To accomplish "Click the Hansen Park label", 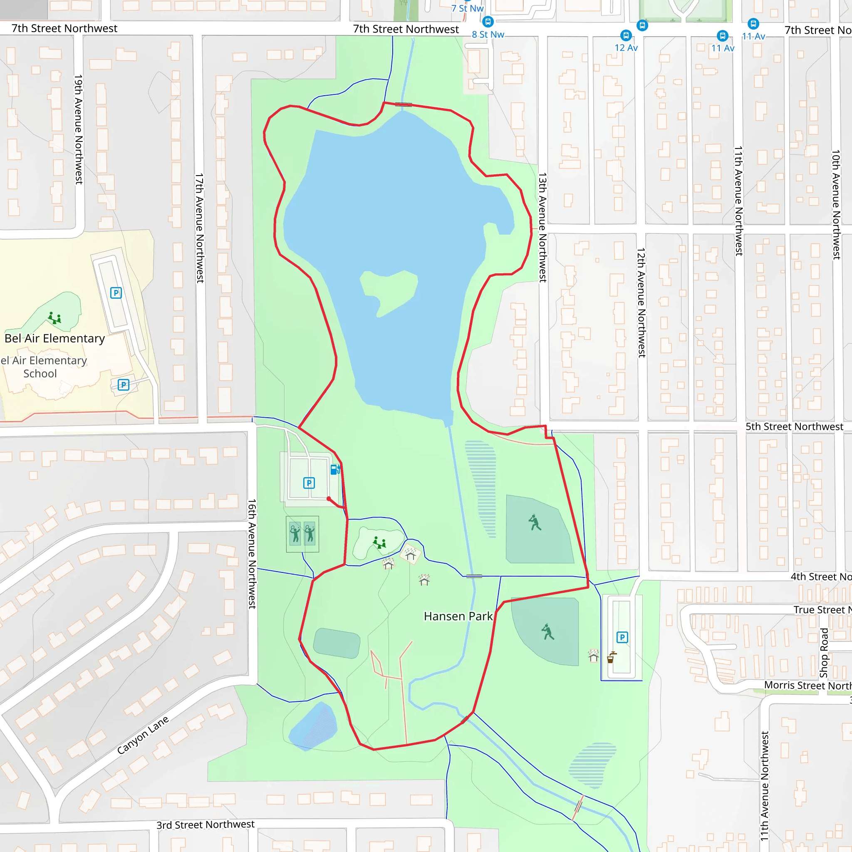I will (458, 616).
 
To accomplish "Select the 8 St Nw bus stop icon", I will (488, 21).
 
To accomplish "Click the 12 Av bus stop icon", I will (626, 35).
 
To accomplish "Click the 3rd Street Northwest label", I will (206, 825).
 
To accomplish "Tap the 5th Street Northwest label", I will (794, 426).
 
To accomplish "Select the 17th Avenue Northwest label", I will (200, 228).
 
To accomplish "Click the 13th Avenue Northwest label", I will (542, 228).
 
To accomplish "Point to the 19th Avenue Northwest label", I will (79, 129).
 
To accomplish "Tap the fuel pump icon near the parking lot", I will (335, 470).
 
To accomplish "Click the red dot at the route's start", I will (329, 499).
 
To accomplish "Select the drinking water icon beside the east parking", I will (611, 658).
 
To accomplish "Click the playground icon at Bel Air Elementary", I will (54, 318).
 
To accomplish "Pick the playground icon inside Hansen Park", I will (379, 542).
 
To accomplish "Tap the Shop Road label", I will (824, 653).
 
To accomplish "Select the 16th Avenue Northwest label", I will (252, 554).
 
